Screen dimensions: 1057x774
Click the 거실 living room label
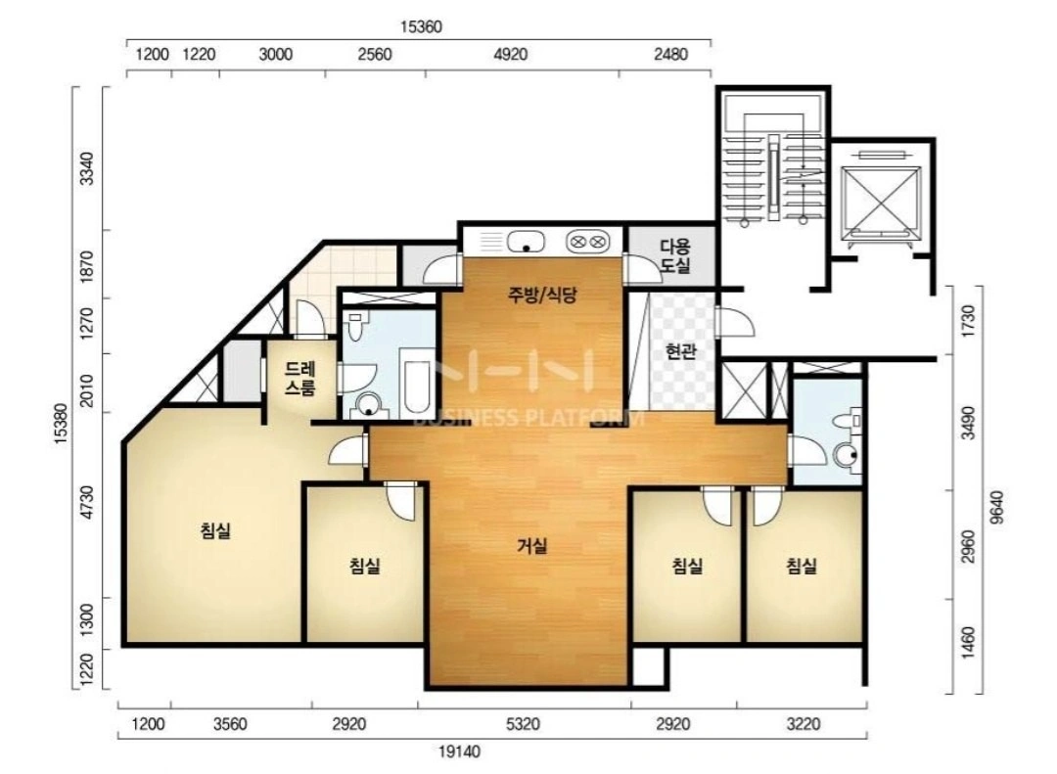coord(531,546)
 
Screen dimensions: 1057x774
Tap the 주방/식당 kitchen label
coord(542,295)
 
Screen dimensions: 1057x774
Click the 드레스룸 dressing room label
coord(300,379)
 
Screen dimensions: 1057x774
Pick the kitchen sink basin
coord(526,241)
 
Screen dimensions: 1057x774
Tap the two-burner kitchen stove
coord(587,241)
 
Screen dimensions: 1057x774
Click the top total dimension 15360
coord(421,27)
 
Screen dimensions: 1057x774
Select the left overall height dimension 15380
coord(61,424)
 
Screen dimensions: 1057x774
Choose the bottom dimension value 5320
coord(523,725)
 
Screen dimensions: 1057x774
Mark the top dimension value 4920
coord(510,54)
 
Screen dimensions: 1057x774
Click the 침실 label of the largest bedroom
coord(215,530)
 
